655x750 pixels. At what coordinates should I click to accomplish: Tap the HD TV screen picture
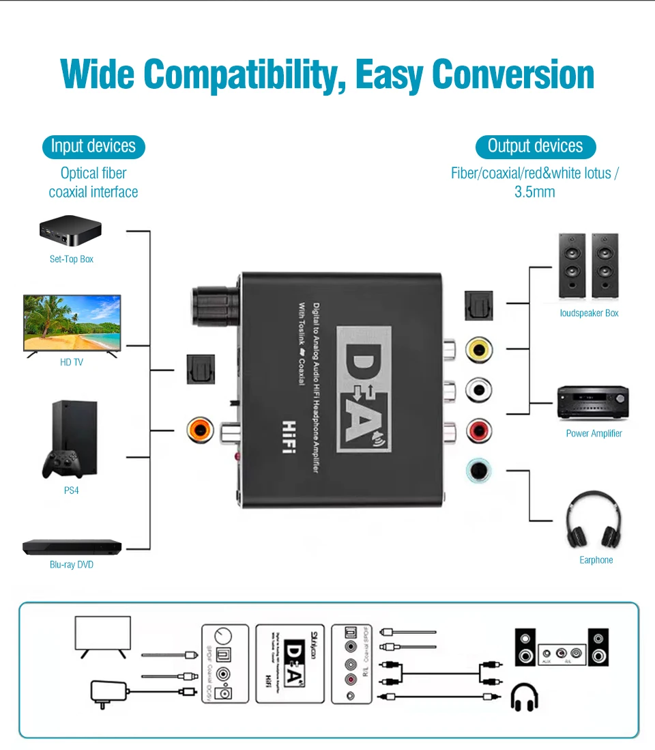(72, 322)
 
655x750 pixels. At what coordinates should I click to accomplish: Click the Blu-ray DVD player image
(72, 547)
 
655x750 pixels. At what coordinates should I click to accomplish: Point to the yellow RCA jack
(479, 350)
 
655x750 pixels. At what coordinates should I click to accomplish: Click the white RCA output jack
(479, 391)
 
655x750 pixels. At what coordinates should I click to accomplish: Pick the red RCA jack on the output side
(479, 430)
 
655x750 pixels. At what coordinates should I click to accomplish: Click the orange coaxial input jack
(201, 430)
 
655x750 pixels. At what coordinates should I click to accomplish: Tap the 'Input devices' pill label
(93, 146)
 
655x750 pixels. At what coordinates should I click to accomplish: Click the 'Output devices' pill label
(535, 146)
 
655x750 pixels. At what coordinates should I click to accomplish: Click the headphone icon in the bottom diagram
(524, 697)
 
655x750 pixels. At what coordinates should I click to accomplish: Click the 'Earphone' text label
(596, 560)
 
